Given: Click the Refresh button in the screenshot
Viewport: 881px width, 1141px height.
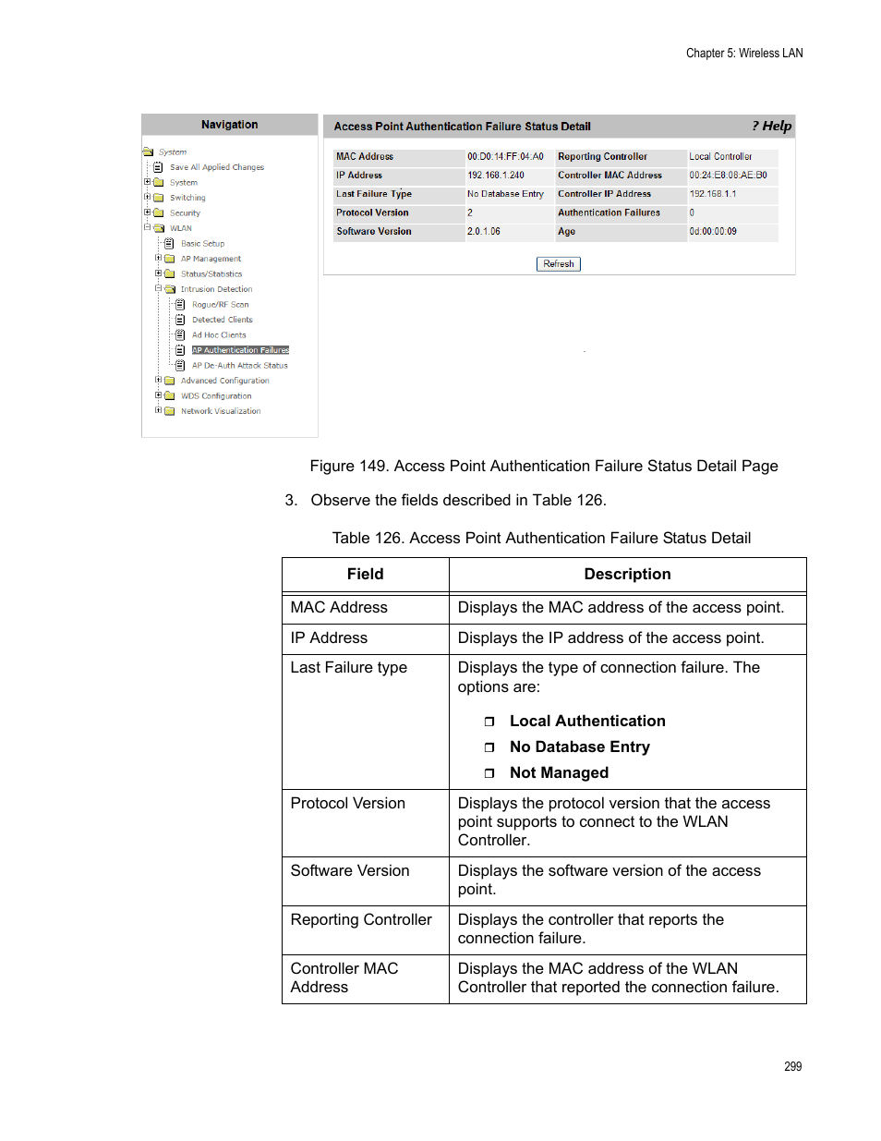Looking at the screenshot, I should coord(558,264).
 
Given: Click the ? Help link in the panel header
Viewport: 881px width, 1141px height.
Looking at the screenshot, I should coord(772,127).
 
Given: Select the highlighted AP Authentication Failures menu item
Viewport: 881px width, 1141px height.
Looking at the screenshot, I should coord(240,350).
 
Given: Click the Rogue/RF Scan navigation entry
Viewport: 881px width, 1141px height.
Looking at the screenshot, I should coord(220,305).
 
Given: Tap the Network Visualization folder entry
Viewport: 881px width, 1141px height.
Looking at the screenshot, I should coord(220,411).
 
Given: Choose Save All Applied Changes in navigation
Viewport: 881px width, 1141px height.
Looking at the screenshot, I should coord(216,167).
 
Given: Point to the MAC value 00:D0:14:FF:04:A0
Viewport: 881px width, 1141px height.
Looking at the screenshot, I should coord(505,157).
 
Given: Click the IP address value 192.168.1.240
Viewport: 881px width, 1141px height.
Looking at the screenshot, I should coord(496,176).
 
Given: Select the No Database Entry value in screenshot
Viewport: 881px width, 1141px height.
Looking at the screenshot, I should coord(505,194).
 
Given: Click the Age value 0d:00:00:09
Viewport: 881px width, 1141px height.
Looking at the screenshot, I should coord(713,232).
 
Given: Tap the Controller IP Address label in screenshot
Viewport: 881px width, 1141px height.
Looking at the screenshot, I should coord(604,194).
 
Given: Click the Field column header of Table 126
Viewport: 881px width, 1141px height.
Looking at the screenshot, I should coord(365,575).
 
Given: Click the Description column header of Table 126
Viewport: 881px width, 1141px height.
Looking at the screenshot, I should coord(627,575).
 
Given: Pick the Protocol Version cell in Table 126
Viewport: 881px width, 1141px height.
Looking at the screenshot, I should coord(348,804).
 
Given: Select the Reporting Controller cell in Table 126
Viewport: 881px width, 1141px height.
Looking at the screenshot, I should coord(361,920).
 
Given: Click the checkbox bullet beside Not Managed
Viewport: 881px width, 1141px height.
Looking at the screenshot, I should coord(489,773).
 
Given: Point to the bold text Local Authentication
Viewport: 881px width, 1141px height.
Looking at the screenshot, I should coord(587,722).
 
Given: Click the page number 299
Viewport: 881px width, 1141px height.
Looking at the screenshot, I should coord(792,1066).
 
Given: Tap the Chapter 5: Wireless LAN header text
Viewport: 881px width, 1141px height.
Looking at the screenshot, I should coord(744,54).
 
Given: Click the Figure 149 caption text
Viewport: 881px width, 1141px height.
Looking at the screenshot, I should coord(543,467).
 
